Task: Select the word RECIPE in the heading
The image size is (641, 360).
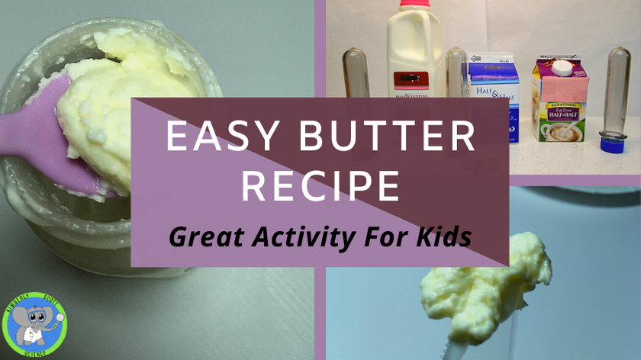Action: [x=320, y=185]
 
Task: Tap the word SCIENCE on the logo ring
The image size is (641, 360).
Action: [x=34, y=352]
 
